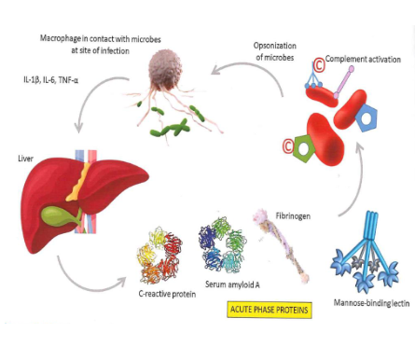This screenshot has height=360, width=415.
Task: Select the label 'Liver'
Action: pyautogui.click(x=25, y=159)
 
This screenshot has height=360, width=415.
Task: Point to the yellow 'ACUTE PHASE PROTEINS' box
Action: pyautogui.click(x=269, y=310)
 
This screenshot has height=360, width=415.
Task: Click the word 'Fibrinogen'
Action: pyautogui.click(x=295, y=215)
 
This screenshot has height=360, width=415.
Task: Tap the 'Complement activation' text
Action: pyautogui.click(x=363, y=59)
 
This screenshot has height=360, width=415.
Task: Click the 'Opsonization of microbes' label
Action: pyautogui.click(x=275, y=51)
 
